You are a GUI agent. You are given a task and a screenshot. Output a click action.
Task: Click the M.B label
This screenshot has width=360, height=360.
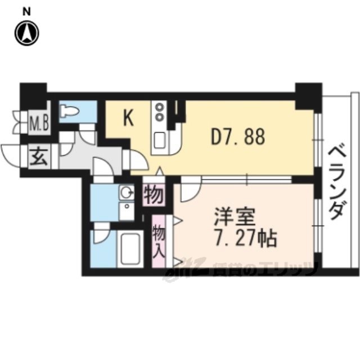coord(38,122)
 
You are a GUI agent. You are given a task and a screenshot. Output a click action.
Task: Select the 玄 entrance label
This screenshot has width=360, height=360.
coord(38,156)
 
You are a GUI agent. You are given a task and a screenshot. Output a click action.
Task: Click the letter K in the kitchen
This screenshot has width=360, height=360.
coord(128,118)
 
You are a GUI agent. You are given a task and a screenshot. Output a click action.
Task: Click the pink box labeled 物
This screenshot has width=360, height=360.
coord(154,195)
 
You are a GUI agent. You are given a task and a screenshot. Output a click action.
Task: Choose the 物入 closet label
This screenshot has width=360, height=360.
coord(159,239)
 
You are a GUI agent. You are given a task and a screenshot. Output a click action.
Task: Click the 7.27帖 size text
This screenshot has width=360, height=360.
coord(245,238)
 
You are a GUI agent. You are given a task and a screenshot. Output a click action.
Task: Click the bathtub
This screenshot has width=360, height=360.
coord(129,249)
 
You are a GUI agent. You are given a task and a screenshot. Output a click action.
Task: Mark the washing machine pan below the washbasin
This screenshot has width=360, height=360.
coord(125,213)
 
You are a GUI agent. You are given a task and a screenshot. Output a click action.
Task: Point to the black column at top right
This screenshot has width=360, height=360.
coord(308,95)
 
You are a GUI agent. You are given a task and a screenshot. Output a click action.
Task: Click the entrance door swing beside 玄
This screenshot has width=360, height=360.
coord(11,154)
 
